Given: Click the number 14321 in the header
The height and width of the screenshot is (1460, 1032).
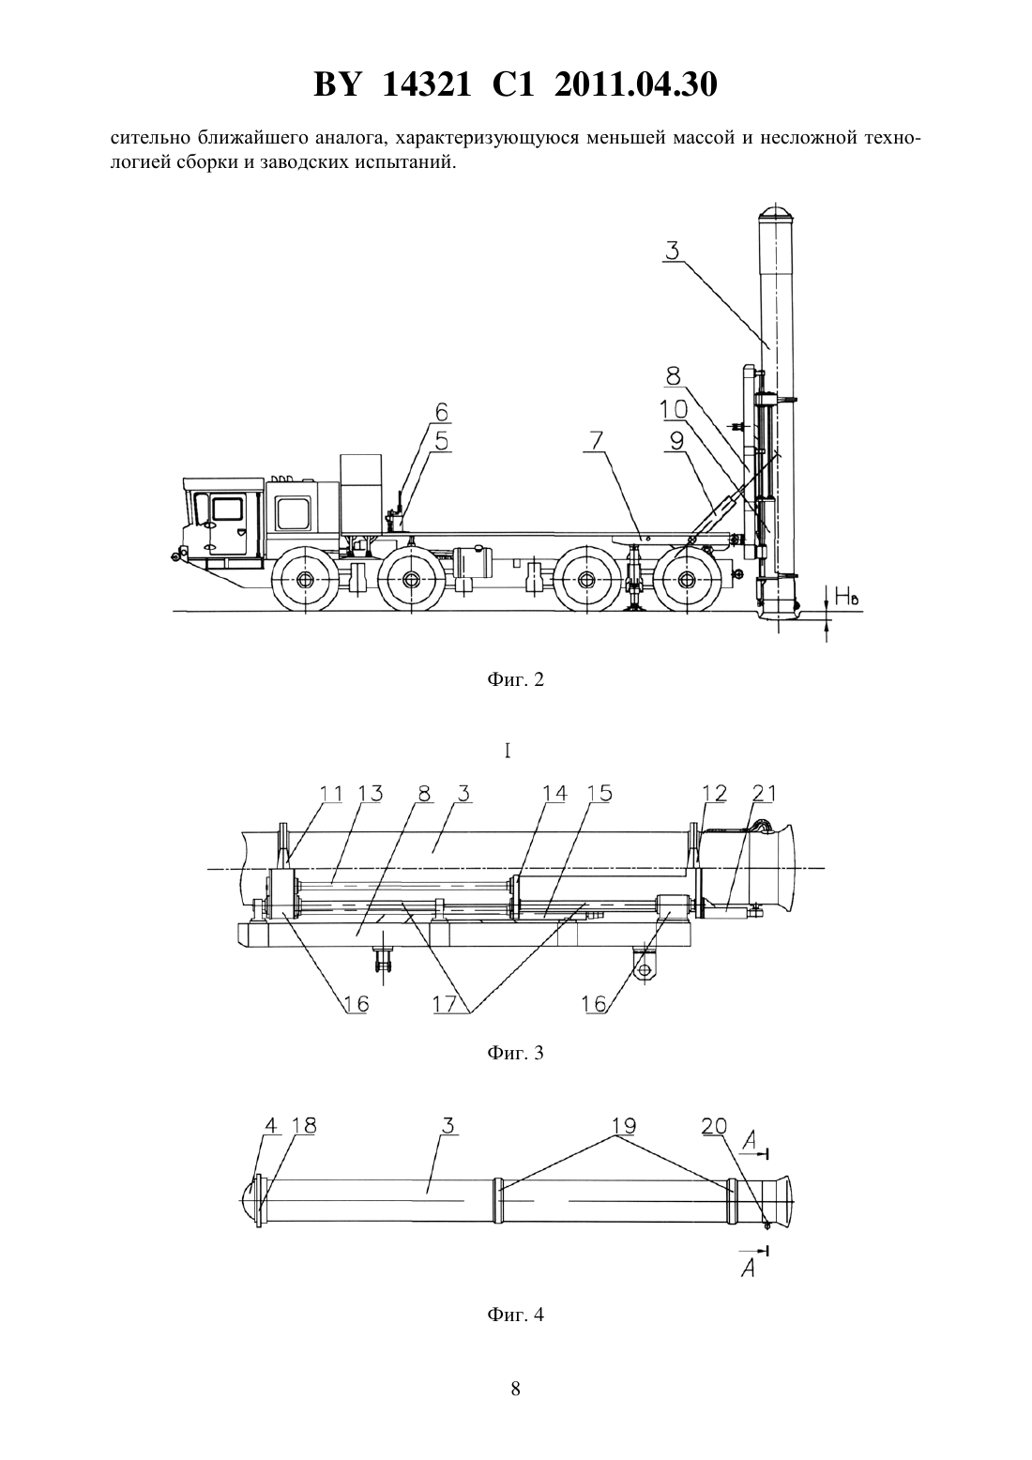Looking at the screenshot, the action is tap(426, 84).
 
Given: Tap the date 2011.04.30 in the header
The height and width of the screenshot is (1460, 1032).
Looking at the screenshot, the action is tap(636, 84).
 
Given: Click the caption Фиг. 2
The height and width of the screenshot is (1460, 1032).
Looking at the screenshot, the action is tap(515, 680).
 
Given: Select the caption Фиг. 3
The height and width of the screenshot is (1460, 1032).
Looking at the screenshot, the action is tap(515, 1053).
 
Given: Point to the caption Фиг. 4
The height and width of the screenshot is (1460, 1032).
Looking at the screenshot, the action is tap(515, 1314).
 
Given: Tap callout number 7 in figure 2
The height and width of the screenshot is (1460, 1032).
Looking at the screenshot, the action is tap(597, 441).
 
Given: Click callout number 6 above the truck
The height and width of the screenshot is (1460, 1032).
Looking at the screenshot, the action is tap(442, 413).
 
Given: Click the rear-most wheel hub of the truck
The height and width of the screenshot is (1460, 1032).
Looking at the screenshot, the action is tap(686, 580).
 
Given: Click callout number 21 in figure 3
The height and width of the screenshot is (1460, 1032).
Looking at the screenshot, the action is tap(764, 793).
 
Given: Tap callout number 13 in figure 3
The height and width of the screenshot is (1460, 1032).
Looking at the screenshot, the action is tap(370, 793).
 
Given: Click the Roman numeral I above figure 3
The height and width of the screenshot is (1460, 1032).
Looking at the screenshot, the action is tap(508, 752).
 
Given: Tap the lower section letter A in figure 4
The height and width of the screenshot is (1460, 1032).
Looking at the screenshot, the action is tap(750, 1268).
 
